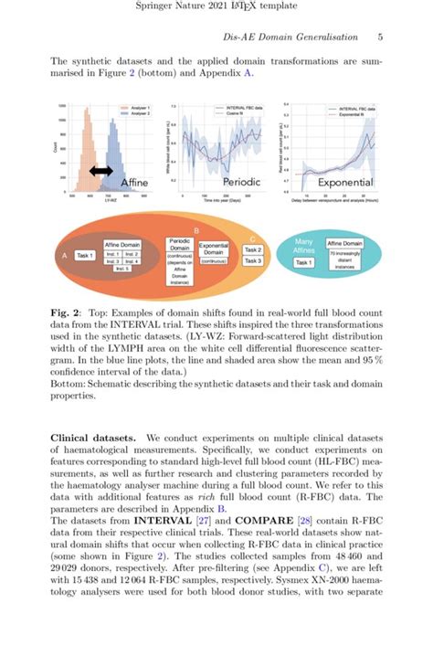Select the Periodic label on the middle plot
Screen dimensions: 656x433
coord(241,183)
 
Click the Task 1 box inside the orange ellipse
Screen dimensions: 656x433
coord(86,256)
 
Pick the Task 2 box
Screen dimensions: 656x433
coord(253,249)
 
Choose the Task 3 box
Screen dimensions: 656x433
coord(253,261)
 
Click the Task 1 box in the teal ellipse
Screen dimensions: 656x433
coord(305,262)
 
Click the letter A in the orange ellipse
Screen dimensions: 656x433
coord(63,257)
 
